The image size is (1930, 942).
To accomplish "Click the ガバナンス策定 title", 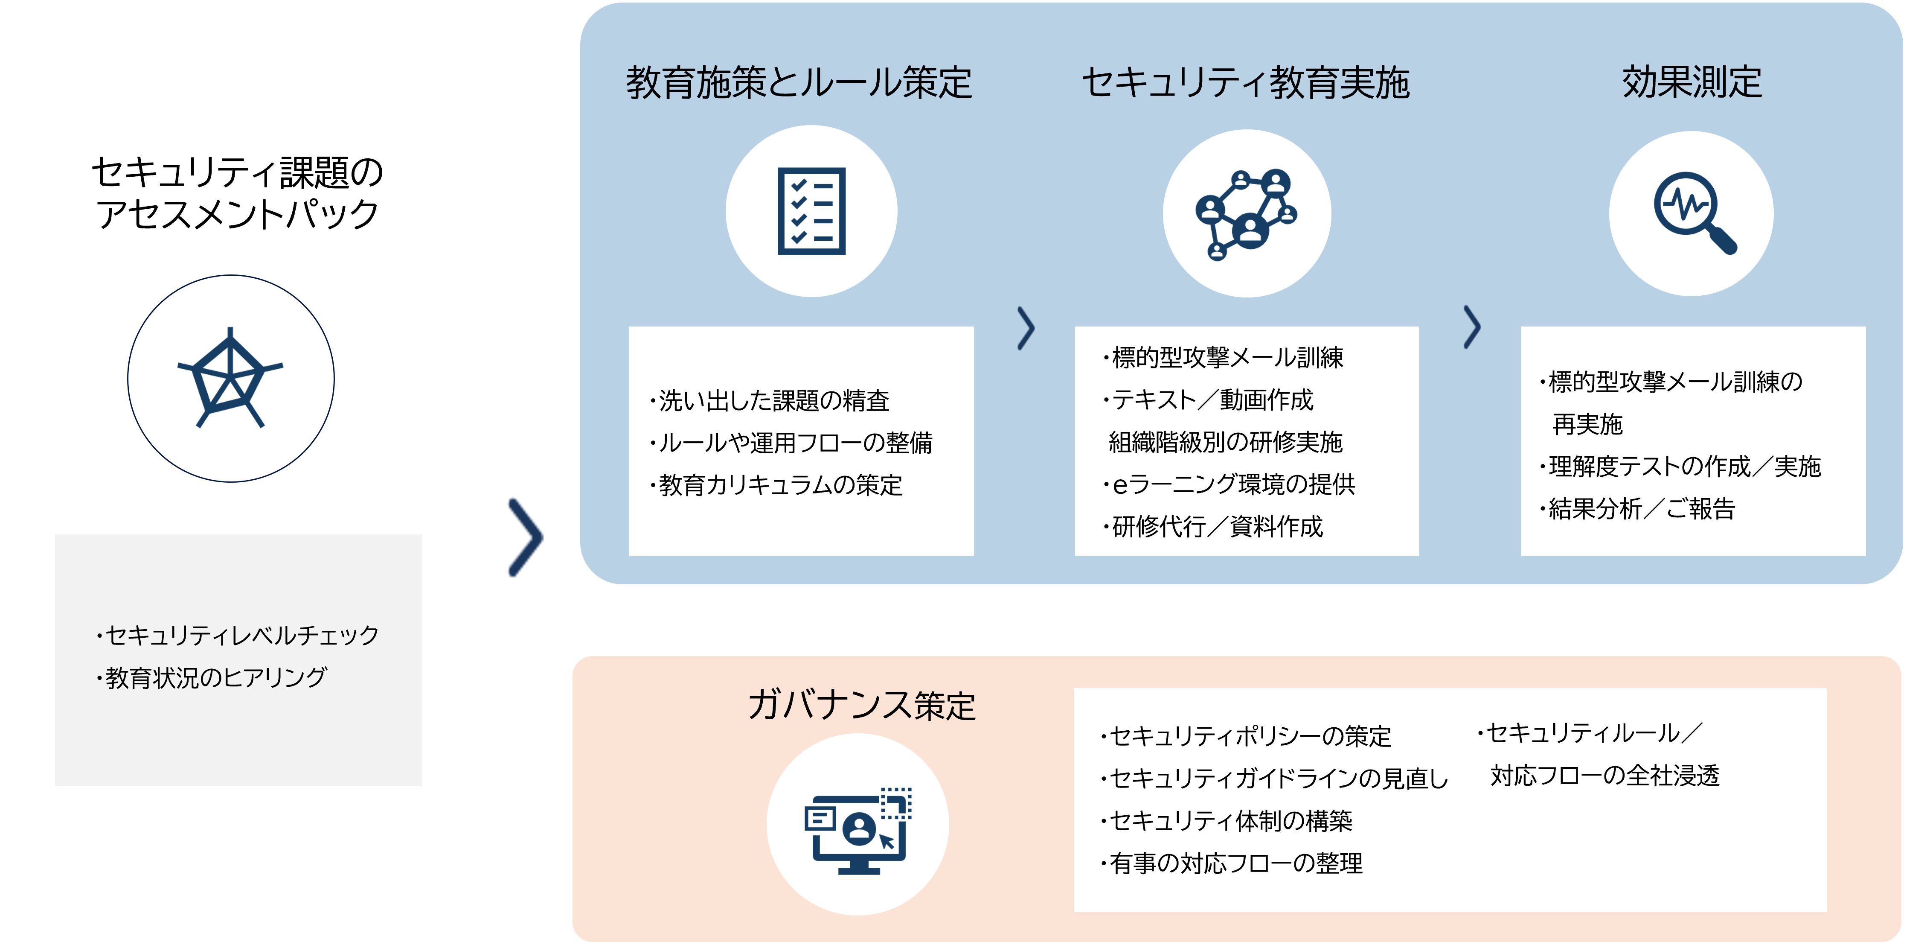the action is (x=862, y=705).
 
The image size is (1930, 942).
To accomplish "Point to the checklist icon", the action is (x=811, y=211).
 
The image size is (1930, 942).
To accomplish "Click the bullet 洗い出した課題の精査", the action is (x=770, y=401).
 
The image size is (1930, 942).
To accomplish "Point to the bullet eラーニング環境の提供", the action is (x=1229, y=485).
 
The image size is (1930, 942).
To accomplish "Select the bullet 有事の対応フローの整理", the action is (x=1231, y=863).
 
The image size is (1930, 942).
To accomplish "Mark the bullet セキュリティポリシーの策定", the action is (x=1245, y=736).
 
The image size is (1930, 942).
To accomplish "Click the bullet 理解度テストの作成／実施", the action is (x=1680, y=466).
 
